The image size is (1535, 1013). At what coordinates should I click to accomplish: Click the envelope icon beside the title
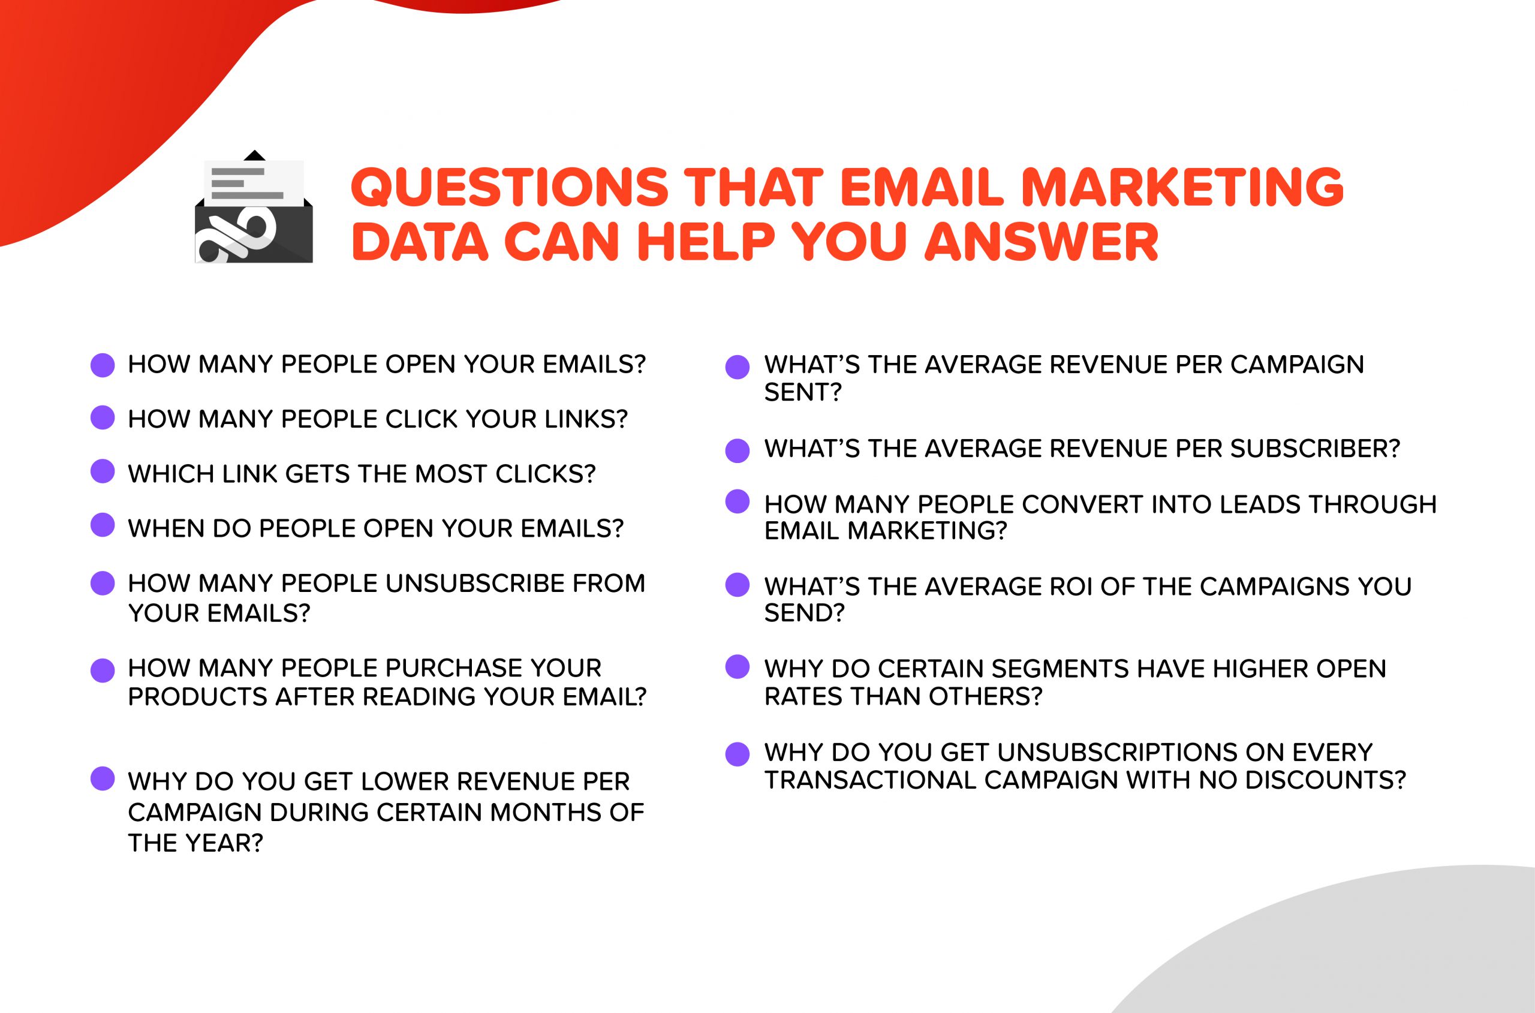(x=254, y=208)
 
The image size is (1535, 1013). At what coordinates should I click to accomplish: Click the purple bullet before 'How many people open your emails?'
(x=103, y=365)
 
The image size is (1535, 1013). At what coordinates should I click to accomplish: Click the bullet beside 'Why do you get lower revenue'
(x=103, y=779)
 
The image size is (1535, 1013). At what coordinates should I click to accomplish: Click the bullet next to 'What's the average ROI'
(x=738, y=585)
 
